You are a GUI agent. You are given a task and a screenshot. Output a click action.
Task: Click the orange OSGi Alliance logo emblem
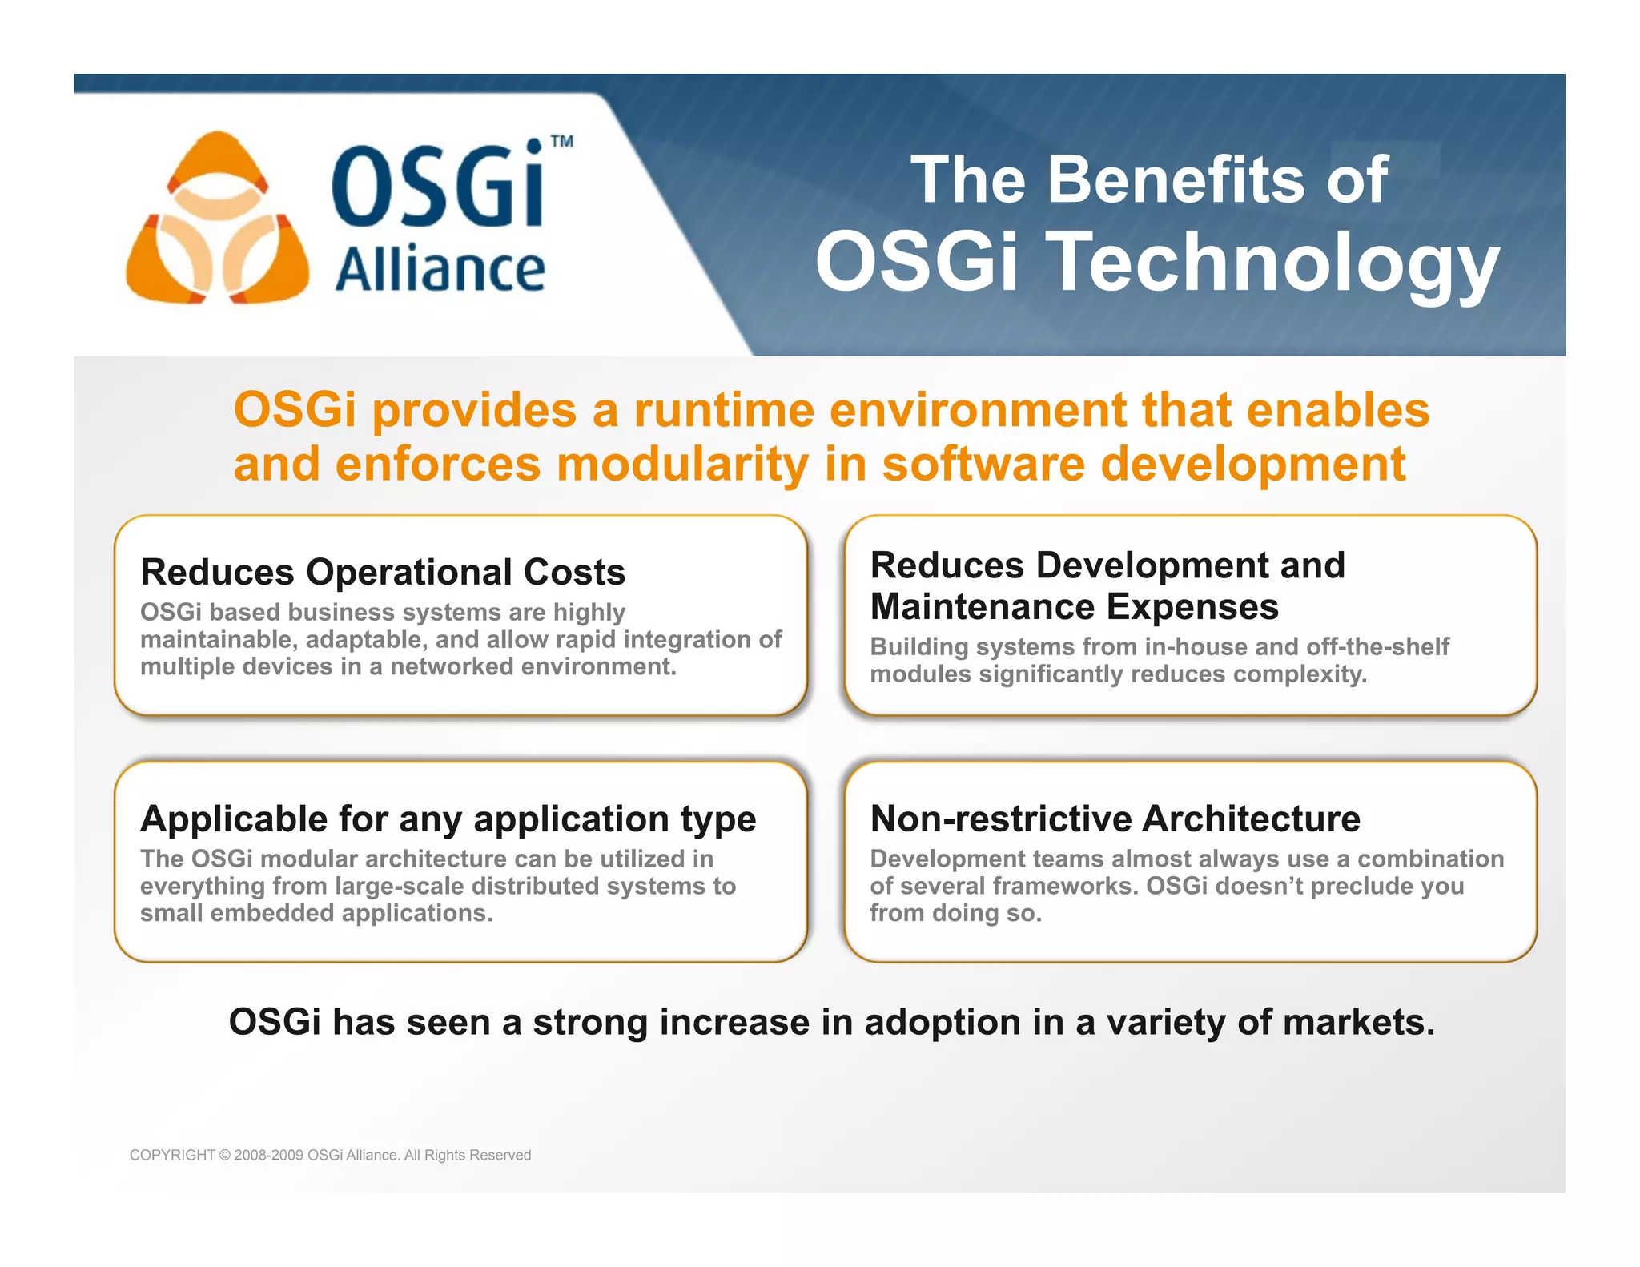point(217,218)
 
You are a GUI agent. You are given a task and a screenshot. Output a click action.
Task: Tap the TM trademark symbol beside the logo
point(562,142)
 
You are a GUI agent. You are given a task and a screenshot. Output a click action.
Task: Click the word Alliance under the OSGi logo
point(440,270)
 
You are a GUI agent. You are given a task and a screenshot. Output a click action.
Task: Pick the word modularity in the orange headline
point(682,465)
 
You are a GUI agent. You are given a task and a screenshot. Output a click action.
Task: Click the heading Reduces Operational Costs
point(383,572)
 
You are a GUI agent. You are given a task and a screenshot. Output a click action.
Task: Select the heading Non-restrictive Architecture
point(1115,819)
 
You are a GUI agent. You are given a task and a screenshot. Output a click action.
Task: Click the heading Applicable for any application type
point(448,819)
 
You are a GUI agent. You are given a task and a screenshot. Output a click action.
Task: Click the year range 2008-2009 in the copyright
point(268,1155)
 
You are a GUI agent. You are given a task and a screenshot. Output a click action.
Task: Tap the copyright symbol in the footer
point(224,1155)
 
